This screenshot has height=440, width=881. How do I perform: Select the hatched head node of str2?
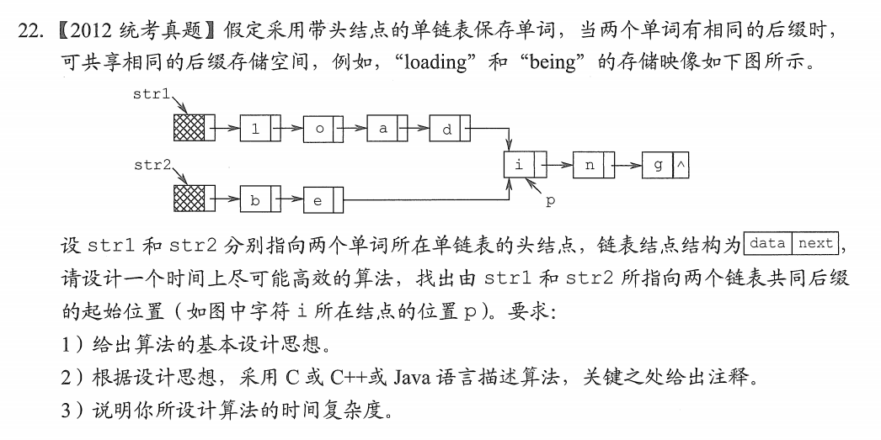pyautogui.click(x=189, y=200)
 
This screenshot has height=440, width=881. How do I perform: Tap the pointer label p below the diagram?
pyautogui.click(x=550, y=201)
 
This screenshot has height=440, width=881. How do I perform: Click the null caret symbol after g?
pyautogui.click(x=681, y=166)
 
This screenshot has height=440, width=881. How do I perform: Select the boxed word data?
pyautogui.click(x=767, y=244)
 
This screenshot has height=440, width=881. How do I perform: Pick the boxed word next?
pyautogui.click(x=815, y=244)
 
